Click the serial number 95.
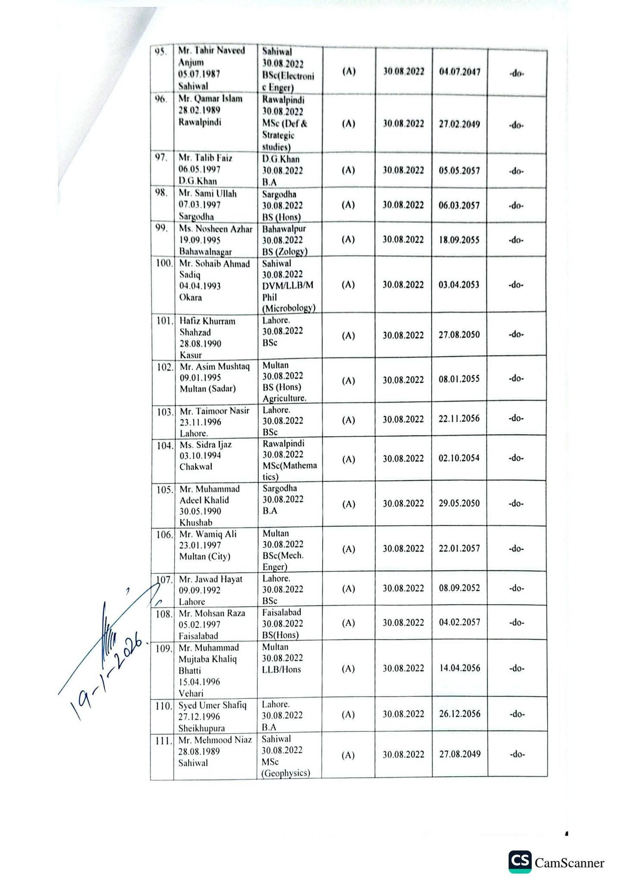point(161,51)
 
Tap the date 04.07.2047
point(460,72)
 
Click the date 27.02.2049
point(460,124)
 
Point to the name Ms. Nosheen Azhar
point(216,229)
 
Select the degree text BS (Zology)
point(285,251)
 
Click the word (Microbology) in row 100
point(289,308)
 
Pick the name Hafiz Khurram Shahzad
point(207,327)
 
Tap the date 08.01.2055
point(459,379)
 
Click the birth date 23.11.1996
point(201,422)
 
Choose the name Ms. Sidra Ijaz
point(206,445)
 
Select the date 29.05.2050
point(459,504)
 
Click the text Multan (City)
point(205,557)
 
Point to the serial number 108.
point(164,614)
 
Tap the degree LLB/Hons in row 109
point(282,670)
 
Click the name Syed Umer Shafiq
point(213,705)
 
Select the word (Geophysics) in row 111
point(285,773)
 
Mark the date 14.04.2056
point(460,668)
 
